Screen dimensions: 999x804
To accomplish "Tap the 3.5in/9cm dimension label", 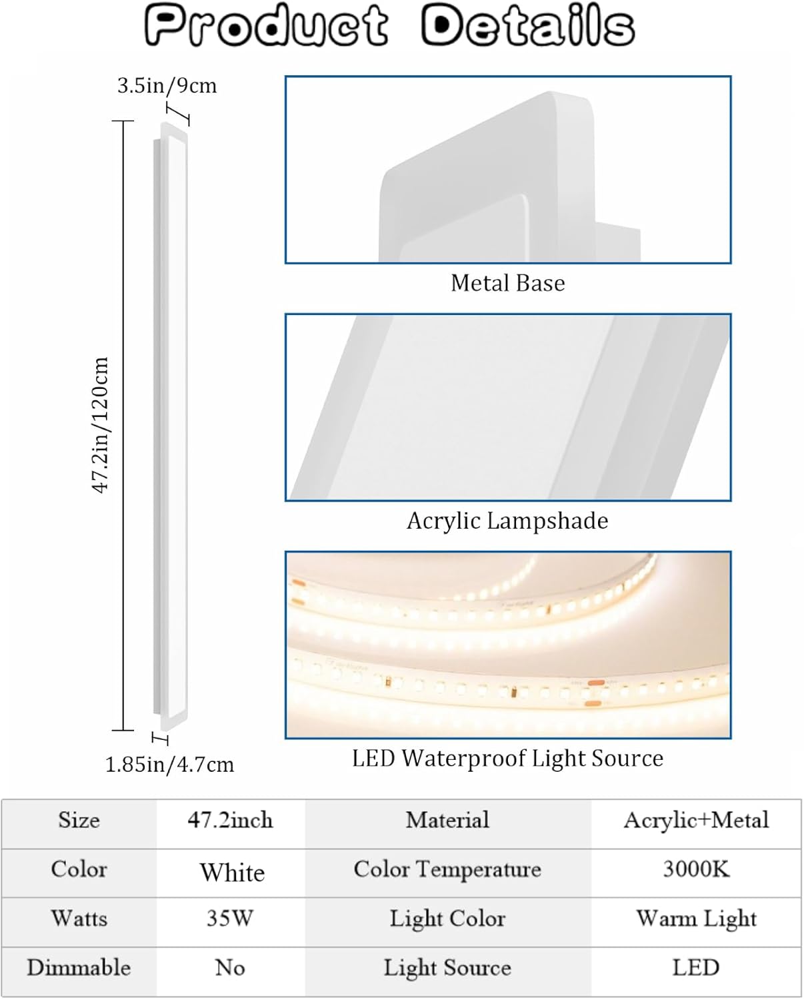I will click(167, 86).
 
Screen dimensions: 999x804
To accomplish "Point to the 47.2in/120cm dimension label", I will click(100, 425).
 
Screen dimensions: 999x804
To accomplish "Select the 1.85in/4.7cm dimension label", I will click(169, 765).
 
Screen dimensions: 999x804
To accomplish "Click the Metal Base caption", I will click(507, 283).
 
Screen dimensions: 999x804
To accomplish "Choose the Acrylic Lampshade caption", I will click(507, 521).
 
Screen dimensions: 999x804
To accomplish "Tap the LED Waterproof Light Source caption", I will click(507, 758).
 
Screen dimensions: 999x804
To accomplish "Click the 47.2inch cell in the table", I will click(230, 820).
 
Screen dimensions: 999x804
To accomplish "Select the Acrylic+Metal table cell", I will click(695, 820).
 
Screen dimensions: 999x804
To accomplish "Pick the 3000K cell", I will click(695, 869).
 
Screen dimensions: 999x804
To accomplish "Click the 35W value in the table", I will click(230, 918).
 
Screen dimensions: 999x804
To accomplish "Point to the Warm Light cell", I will click(695, 918).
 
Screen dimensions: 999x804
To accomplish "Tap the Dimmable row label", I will click(79, 968).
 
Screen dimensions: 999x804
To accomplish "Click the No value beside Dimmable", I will click(230, 968).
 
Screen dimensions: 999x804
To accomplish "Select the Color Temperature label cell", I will click(447, 869).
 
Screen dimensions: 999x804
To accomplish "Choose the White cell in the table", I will click(232, 872).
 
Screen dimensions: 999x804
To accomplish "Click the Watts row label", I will click(79, 918).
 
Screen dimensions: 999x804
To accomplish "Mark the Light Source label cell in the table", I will click(447, 968).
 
